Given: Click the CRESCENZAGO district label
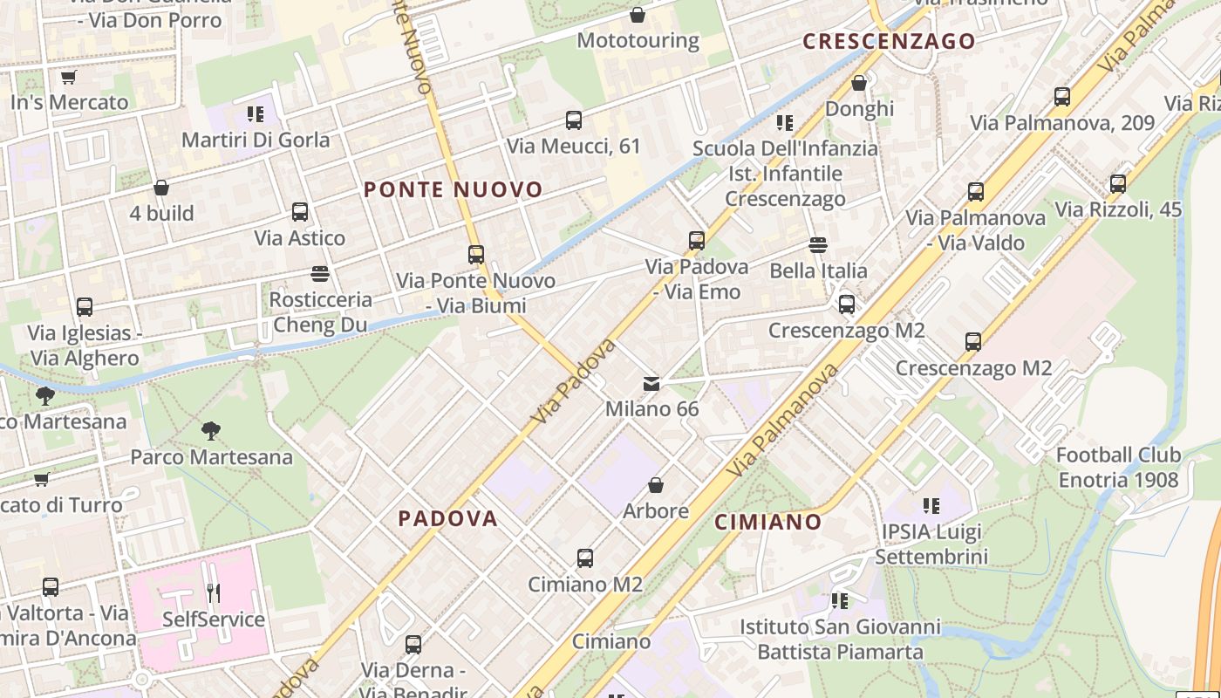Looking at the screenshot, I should (x=889, y=41).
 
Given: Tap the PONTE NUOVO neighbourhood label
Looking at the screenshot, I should (x=453, y=189).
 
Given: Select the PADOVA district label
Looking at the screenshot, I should (x=448, y=518).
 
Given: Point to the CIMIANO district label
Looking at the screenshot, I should (x=768, y=522).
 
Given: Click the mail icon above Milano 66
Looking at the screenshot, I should (x=651, y=384).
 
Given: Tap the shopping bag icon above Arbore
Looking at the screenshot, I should (x=656, y=485).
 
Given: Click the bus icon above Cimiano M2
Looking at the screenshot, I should (x=585, y=558).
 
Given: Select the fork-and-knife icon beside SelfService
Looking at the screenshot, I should (x=214, y=593).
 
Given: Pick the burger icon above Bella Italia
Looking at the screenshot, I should (x=818, y=245).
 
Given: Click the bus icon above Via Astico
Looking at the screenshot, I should (x=300, y=212).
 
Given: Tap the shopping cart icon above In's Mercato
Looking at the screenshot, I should (x=69, y=77).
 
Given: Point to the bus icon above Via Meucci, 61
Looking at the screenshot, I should (x=573, y=120).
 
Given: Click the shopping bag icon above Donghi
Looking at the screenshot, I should (x=859, y=83).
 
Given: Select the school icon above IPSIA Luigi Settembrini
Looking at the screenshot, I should (x=931, y=506).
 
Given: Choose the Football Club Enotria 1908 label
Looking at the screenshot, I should (x=1118, y=467).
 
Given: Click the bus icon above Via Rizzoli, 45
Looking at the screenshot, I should (x=1118, y=184).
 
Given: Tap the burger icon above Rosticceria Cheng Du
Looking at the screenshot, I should (x=320, y=274).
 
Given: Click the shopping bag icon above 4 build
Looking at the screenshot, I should (x=161, y=188).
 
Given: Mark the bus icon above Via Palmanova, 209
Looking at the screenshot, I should (x=1062, y=97).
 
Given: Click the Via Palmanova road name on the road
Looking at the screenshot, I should (x=783, y=420).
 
